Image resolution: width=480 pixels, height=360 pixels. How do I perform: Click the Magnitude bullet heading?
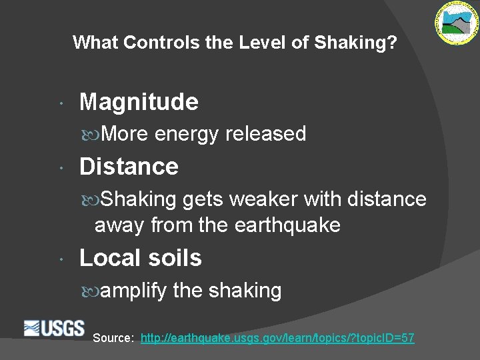pos(139,102)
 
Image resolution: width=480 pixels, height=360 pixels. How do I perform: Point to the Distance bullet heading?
pos(129,167)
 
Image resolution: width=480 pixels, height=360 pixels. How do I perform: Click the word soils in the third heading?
pos(177,259)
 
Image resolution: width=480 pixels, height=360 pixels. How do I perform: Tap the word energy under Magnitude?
pos(187,134)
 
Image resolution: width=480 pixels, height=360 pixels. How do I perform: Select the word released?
pos(265,134)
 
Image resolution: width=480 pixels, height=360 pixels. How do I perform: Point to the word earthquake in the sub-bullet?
pos(287,225)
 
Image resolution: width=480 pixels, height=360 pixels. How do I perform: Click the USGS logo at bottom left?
pos(54,328)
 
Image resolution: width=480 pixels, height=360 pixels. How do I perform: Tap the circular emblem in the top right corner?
pos(457,23)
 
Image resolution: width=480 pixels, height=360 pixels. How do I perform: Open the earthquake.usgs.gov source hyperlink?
pos(277,338)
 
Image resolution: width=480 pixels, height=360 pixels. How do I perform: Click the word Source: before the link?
pos(113,338)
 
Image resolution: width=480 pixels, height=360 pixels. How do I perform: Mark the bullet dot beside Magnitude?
pos(61,104)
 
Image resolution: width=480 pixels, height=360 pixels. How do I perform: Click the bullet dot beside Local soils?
pos(61,260)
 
